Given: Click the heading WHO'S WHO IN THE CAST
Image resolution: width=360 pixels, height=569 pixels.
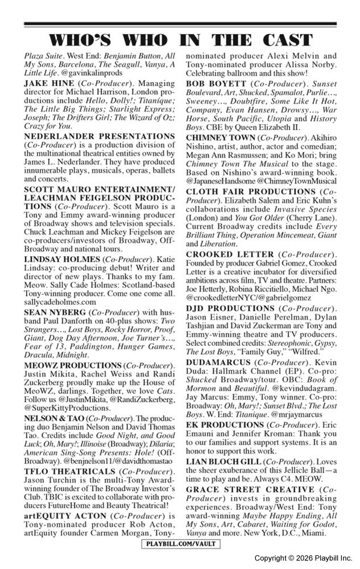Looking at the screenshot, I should tap(180, 40).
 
